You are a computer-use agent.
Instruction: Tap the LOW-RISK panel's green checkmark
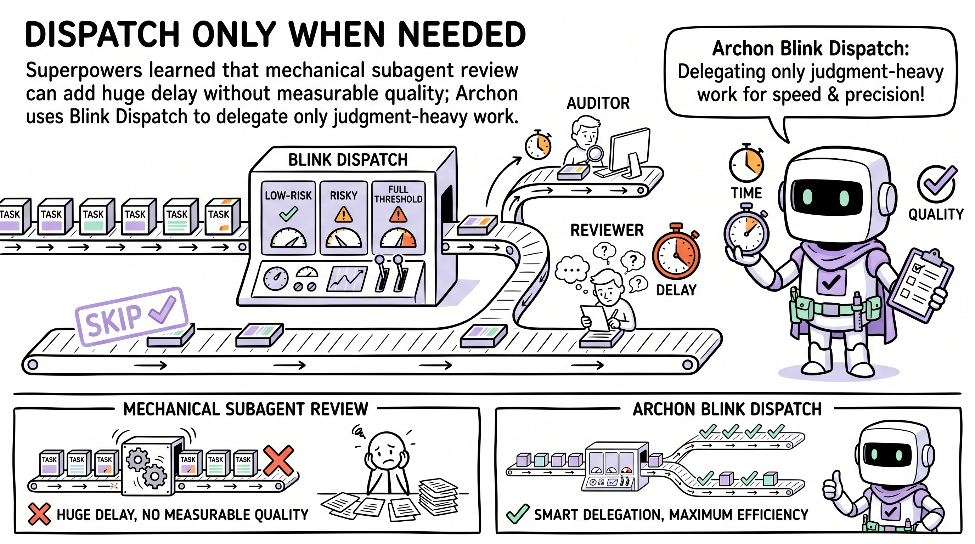click(288, 214)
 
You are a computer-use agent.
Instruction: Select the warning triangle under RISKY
click(343, 214)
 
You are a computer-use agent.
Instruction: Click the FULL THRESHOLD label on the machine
click(398, 194)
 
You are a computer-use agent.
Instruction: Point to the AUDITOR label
click(598, 103)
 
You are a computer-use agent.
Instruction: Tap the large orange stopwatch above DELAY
click(676, 251)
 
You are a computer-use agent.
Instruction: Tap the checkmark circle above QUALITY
click(936, 184)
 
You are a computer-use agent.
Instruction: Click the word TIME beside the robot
click(746, 193)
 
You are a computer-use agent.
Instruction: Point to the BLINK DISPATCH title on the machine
click(348, 160)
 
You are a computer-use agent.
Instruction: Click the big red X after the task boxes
click(278, 460)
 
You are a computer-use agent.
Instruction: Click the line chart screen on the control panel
click(347, 279)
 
